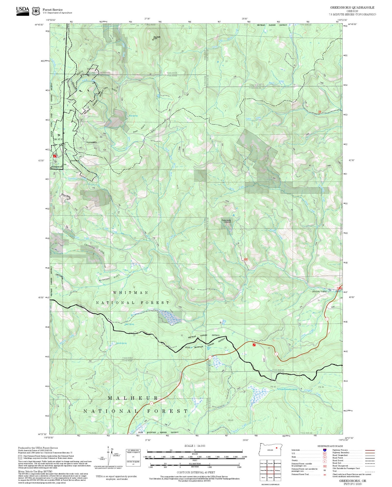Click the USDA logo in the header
click(23, 10)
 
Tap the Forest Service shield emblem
click(36, 11)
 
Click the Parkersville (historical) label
click(226, 221)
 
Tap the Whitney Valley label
click(319, 291)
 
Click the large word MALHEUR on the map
click(133, 398)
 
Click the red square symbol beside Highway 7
click(254, 345)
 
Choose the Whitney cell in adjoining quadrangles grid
click(277, 470)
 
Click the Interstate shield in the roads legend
click(324, 450)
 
